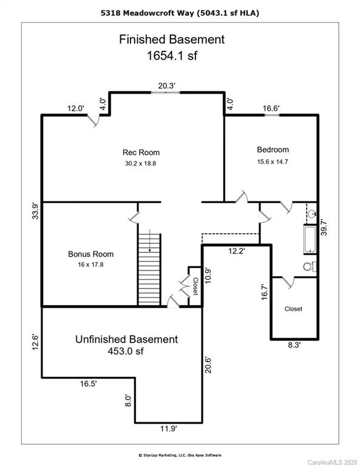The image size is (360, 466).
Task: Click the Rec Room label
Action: coord(141,152)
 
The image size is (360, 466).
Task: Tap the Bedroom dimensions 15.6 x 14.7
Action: coord(273,162)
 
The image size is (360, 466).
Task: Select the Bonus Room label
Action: coord(90,254)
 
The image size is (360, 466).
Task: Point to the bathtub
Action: coord(310,240)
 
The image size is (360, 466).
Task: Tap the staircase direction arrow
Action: coord(150,240)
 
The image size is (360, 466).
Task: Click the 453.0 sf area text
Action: coord(126,351)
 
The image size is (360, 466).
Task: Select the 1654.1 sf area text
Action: coord(172,56)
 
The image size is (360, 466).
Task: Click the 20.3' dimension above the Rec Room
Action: coord(166,86)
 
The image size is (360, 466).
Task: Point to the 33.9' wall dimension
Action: coord(35,211)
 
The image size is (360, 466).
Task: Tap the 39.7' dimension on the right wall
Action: coord(324,228)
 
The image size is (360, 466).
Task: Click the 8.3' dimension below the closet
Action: coord(294,345)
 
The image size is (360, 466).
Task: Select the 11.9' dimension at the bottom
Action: coord(169,429)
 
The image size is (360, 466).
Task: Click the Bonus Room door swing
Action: coord(134,218)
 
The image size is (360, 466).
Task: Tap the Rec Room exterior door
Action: coord(94,121)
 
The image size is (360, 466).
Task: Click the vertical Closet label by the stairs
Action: coord(195,286)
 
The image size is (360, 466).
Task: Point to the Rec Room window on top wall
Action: coord(165,92)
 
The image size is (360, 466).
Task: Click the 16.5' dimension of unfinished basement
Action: coord(88,383)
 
